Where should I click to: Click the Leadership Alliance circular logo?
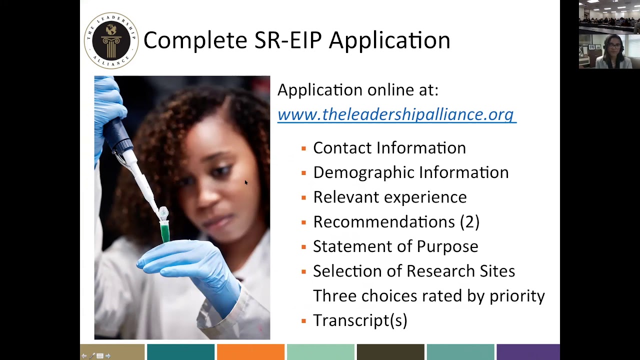tap(111, 40)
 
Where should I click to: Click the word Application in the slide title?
tap(389, 40)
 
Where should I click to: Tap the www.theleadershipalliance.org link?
tap(396, 114)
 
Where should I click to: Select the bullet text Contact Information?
tap(389, 148)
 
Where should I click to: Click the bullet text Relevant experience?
tap(389, 197)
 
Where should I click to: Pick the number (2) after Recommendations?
tap(469, 221)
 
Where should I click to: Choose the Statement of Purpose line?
tap(395, 246)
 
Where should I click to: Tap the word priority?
tap(517, 296)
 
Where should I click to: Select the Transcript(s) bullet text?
tap(360, 320)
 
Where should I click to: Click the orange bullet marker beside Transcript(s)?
tap(303, 320)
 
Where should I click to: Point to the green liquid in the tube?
tap(164, 234)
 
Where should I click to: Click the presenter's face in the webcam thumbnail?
tap(614, 47)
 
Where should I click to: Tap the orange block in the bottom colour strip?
tap(250, 352)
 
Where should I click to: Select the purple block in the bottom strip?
tap(527, 352)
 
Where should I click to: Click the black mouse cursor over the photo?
tap(246, 183)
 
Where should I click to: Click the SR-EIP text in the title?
tap(287, 40)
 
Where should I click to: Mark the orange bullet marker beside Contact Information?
tap(303, 148)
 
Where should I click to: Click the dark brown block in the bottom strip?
tap(390, 352)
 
